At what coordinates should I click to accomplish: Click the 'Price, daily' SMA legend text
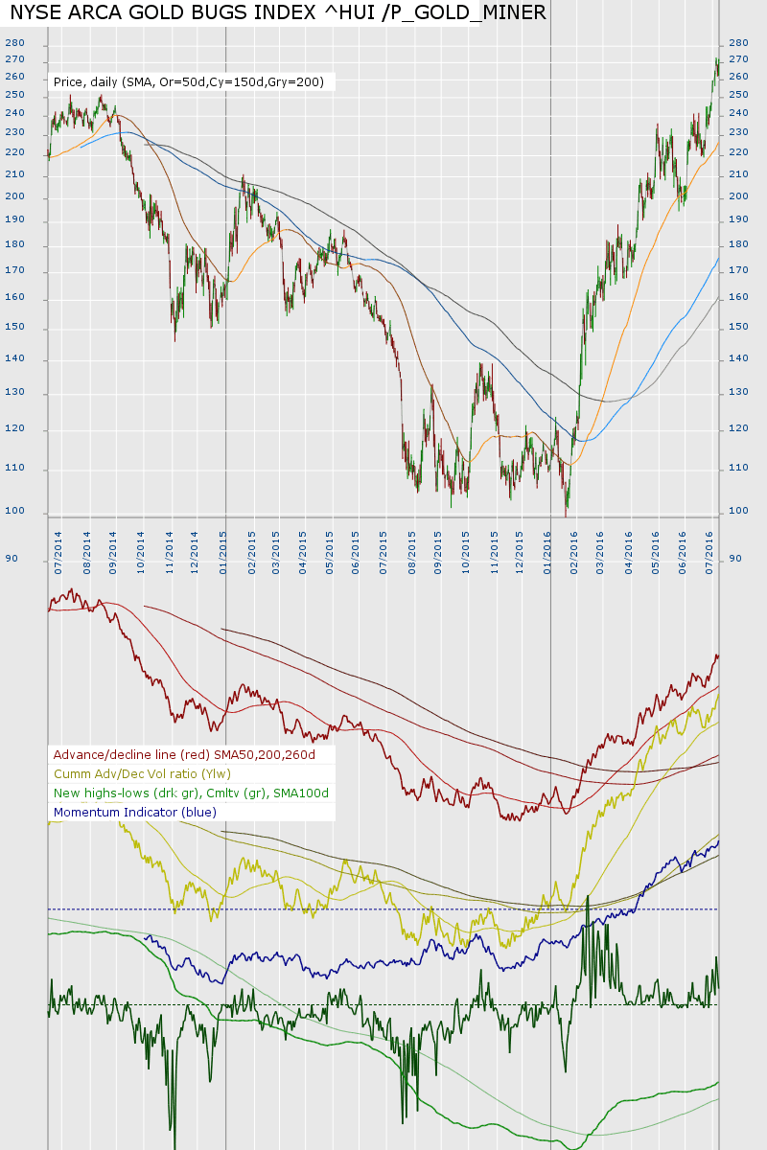tap(188, 82)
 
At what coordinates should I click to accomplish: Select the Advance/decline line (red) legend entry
tap(184, 755)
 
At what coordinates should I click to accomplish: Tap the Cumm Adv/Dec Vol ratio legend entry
tap(142, 774)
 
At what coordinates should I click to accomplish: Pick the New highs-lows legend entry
tap(191, 793)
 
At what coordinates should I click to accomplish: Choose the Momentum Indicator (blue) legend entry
tap(135, 813)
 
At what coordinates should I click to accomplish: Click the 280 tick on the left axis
tap(14, 44)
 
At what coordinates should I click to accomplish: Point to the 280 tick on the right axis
tap(738, 44)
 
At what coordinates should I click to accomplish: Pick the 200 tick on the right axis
tap(738, 197)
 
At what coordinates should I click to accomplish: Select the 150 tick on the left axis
tap(14, 328)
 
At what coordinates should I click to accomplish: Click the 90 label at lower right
tap(735, 558)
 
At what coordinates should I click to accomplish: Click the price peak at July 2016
tap(716, 60)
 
